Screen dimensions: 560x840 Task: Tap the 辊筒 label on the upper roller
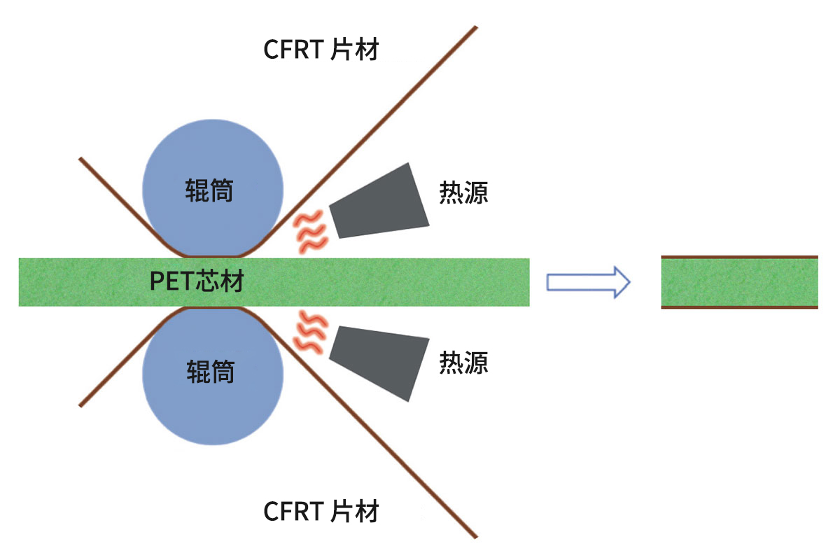pyautogui.click(x=209, y=190)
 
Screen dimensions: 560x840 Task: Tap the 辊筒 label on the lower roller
pyautogui.click(x=209, y=372)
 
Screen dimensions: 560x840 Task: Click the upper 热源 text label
pyautogui.click(x=463, y=192)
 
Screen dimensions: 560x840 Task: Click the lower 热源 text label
pyautogui.click(x=463, y=362)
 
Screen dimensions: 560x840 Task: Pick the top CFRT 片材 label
pyautogui.click(x=321, y=50)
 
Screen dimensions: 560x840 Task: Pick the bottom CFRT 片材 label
pyautogui.click(x=321, y=511)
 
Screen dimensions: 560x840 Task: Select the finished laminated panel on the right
pyautogui.click(x=739, y=282)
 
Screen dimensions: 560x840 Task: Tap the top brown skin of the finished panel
pyautogui.click(x=739, y=257)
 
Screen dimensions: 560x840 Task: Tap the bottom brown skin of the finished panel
pyautogui.click(x=739, y=307)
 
